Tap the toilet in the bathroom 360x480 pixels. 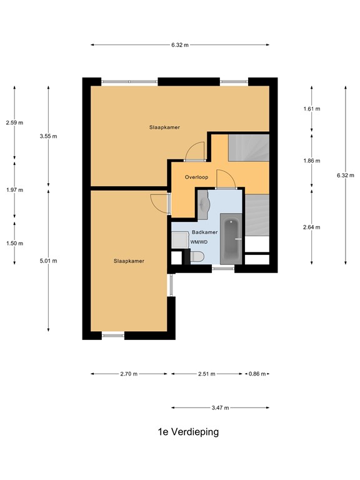coord(196,256)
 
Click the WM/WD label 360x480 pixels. coord(199,242)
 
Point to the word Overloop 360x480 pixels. coord(196,177)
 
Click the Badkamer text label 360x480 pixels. coord(204,232)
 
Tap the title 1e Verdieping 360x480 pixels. coord(188,432)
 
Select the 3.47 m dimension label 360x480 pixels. coord(220,407)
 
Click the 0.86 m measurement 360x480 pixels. coord(257,374)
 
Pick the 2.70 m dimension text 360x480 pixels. coord(129,374)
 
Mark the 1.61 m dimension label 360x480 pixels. coord(311,109)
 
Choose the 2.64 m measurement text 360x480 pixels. coord(311,227)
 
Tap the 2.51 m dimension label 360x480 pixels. coord(206,374)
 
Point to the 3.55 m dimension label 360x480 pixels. coord(48,136)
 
